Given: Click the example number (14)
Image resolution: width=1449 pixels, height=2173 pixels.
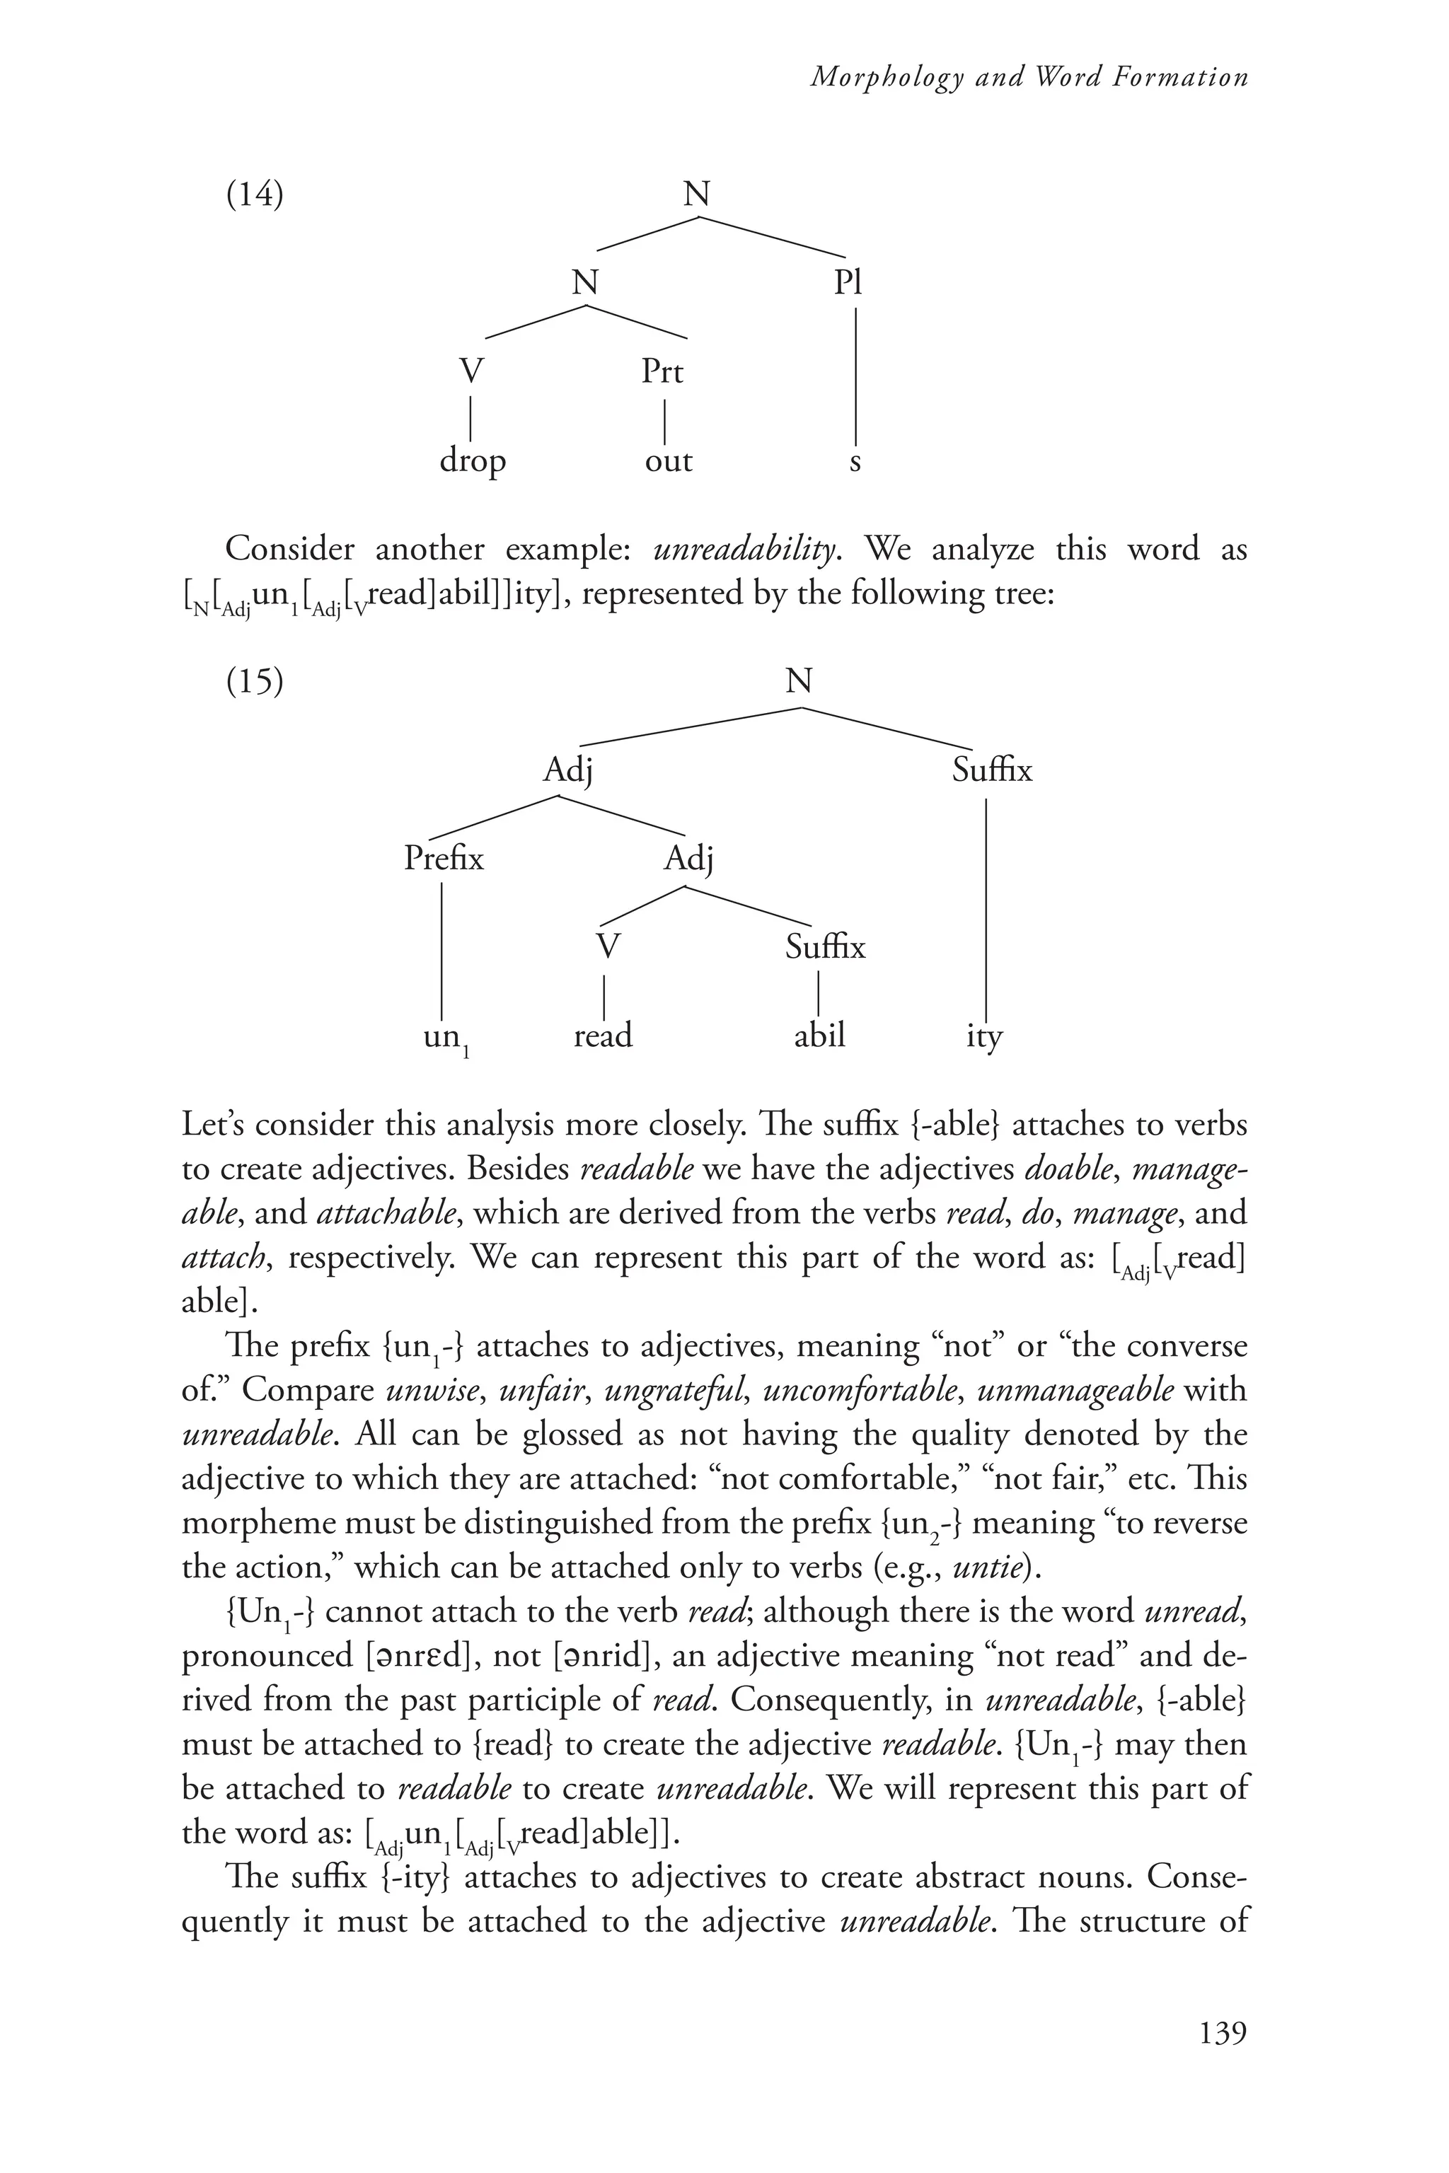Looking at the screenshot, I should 255,196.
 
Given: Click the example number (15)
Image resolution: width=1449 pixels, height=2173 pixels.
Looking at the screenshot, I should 255,682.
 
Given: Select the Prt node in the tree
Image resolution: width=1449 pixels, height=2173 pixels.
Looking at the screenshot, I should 662,371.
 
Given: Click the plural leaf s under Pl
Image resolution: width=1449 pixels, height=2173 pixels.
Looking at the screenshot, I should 855,462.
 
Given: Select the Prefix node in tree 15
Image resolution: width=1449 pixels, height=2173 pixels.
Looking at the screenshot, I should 444,859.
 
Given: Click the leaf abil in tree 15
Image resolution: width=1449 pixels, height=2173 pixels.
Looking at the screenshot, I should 820,1035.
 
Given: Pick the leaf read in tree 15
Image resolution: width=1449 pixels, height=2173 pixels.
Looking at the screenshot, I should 603,1035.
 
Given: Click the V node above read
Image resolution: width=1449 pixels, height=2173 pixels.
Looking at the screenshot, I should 607,947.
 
